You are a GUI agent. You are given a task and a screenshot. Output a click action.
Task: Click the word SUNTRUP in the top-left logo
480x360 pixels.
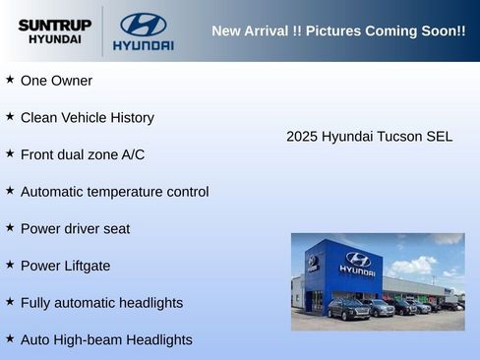tap(55, 24)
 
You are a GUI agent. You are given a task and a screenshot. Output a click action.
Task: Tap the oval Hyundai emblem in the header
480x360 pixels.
tap(143, 24)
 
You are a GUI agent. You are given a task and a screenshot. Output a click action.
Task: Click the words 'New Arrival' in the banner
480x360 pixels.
tap(250, 31)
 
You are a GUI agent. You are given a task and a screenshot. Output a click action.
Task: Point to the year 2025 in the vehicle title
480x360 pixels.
tap(302, 137)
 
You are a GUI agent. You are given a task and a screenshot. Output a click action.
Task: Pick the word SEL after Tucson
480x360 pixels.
tap(439, 137)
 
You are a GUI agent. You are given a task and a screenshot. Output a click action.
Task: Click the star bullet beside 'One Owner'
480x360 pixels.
tap(10, 80)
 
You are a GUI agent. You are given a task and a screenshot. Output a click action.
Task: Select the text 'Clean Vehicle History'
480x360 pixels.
tap(87, 118)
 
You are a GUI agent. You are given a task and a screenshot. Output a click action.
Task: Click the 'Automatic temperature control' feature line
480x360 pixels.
tap(114, 192)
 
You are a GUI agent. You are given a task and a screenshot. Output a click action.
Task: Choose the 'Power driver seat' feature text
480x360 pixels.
tap(75, 229)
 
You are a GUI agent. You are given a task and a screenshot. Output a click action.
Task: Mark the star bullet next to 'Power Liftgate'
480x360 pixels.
tap(10, 265)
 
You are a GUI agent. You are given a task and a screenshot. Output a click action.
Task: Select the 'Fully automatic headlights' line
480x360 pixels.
tap(101, 303)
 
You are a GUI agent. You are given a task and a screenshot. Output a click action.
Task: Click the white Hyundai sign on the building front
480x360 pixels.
tap(357, 263)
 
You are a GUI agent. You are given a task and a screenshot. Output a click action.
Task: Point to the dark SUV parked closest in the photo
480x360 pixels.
tap(348, 310)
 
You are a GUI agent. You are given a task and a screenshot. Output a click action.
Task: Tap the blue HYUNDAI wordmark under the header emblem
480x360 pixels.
tap(143, 45)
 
